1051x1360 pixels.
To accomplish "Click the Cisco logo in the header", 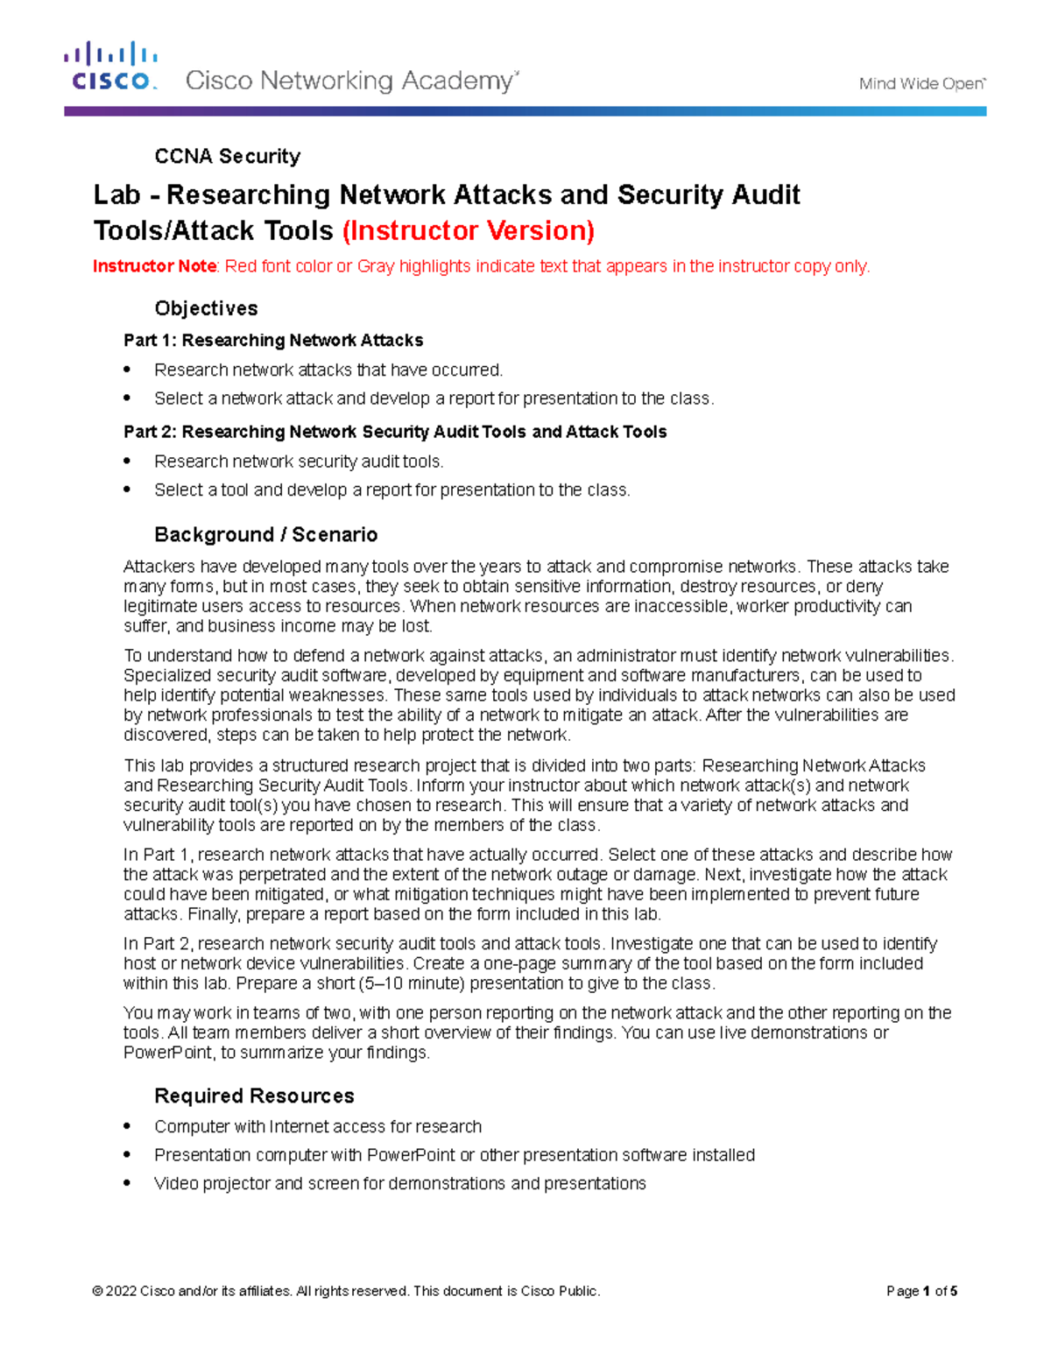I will [110, 67].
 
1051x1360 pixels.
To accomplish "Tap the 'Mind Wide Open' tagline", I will [921, 84].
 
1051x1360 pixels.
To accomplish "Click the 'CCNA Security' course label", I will [227, 157].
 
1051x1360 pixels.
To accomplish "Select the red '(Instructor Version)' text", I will [468, 230].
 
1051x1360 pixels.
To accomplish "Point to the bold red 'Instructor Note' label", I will [154, 266].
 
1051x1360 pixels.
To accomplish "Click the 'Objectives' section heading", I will [206, 308].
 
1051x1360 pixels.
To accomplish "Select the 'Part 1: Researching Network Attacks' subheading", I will [273, 341].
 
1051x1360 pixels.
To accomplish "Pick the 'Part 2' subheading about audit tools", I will [395, 432].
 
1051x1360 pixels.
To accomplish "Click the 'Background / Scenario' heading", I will [265, 535].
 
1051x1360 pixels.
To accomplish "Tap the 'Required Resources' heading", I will [254, 1096].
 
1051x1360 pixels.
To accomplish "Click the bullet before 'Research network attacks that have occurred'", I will [128, 370].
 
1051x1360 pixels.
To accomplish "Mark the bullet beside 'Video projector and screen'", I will [128, 1183].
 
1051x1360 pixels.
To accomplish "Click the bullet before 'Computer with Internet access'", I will [128, 1126].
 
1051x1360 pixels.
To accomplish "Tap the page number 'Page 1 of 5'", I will [921, 1291].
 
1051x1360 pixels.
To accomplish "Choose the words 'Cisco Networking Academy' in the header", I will [351, 81].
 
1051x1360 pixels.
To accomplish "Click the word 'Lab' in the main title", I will [116, 194].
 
